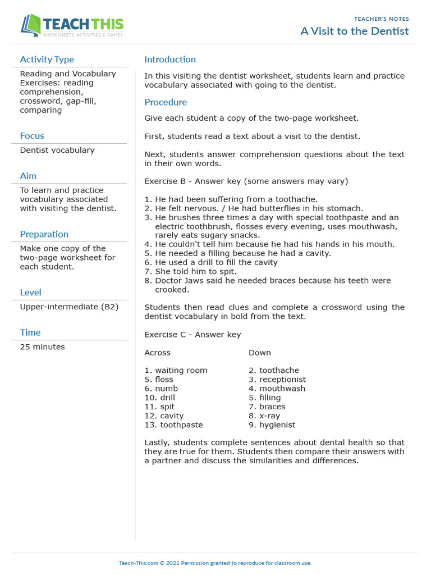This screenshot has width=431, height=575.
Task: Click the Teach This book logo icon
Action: [31, 26]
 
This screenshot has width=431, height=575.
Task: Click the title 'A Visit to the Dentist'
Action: [355, 31]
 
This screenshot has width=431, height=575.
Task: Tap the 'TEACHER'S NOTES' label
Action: [382, 19]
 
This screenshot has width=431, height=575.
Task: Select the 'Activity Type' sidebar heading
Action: [47, 60]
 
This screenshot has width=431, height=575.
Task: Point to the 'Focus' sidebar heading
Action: [32, 136]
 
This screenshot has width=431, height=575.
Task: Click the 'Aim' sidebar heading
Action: [28, 176]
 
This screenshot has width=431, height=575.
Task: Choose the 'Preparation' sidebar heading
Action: [44, 234]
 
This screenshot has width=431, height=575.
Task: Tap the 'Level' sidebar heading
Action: [30, 293]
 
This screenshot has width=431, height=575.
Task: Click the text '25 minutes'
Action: [42, 347]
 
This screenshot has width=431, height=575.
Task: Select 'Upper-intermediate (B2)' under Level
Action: [69, 307]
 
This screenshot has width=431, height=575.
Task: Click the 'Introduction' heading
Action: [170, 60]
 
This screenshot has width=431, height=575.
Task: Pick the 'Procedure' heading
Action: [166, 102]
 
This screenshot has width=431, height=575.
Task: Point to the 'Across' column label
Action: [157, 353]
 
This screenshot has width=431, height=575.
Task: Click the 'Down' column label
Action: [259, 353]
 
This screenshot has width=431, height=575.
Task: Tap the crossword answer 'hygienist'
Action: [277, 425]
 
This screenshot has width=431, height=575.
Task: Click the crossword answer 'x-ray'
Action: [269, 416]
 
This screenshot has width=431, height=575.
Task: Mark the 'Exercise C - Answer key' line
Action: [192, 335]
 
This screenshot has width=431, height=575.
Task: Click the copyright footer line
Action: [215, 563]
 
